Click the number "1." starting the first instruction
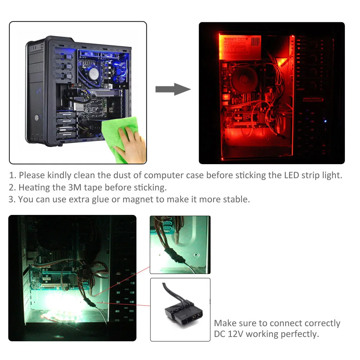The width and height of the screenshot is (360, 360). click(13, 175)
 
